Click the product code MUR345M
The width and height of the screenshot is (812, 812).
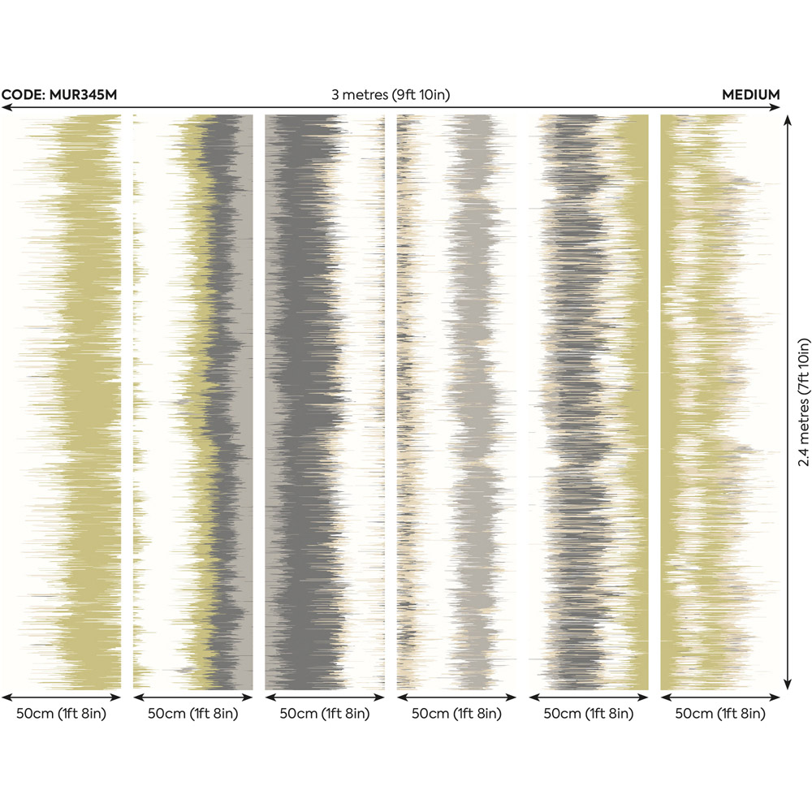coord(59,95)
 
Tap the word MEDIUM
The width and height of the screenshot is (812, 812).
coord(750,95)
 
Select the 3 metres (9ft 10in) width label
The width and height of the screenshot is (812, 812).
coord(391,95)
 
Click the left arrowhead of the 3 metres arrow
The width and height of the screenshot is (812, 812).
coord(5,107)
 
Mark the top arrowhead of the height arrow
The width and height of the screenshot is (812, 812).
coord(787,119)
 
